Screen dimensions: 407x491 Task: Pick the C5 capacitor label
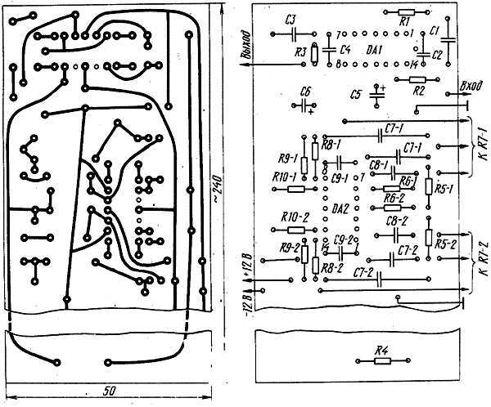(x=354, y=94)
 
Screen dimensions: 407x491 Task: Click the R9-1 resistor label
(x=287, y=158)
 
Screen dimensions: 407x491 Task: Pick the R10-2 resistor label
(x=293, y=217)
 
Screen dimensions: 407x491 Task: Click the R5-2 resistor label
(x=445, y=244)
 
